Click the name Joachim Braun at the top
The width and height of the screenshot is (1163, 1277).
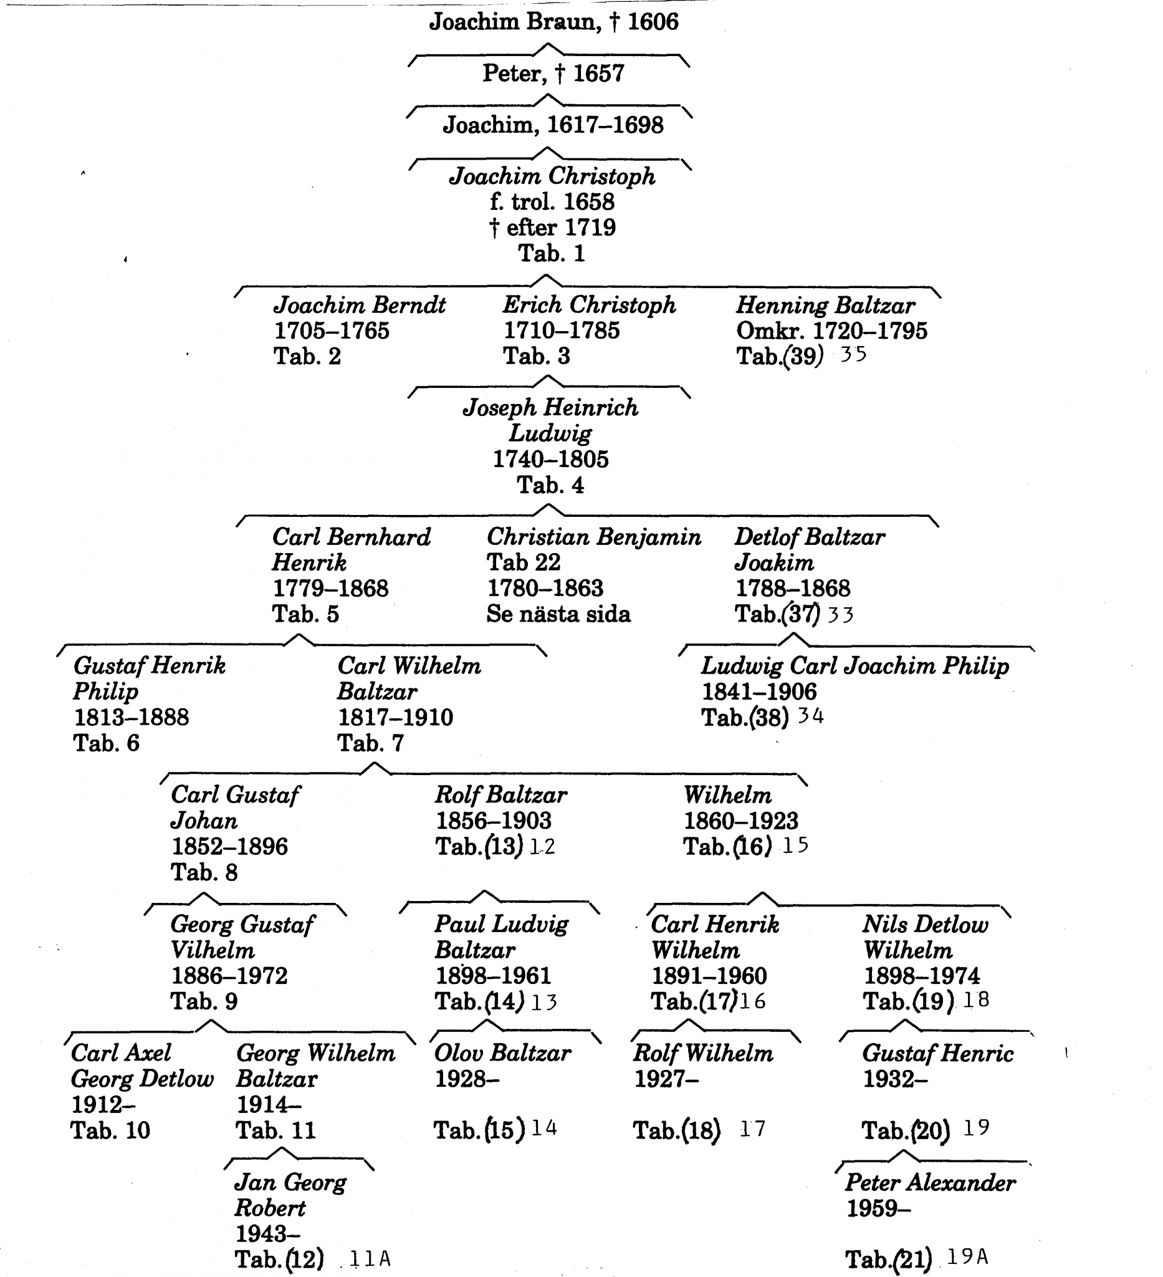(x=514, y=22)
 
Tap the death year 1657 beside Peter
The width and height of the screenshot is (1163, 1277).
(x=598, y=74)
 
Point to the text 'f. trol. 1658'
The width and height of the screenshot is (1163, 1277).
(x=552, y=202)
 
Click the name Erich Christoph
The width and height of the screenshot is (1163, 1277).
(x=590, y=306)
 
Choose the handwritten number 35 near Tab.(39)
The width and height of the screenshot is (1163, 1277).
(x=853, y=354)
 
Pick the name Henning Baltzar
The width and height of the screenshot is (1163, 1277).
(x=825, y=306)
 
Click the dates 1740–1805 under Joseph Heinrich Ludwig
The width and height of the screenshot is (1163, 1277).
(x=551, y=460)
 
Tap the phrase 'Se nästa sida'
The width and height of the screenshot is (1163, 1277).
(x=558, y=614)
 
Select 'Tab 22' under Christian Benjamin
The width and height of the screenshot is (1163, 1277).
(x=524, y=562)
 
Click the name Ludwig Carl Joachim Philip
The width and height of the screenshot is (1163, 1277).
(x=854, y=666)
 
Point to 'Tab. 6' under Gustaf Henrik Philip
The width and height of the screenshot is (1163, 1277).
(x=107, y=743)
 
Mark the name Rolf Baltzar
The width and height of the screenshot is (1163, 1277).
(x=500, y=795)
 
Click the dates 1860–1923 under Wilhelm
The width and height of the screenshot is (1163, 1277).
(x=740, y=821)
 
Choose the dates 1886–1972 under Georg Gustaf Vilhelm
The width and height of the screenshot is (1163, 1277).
(x=229, y=975)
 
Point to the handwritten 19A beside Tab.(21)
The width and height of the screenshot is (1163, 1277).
(x=967, y=1256)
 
